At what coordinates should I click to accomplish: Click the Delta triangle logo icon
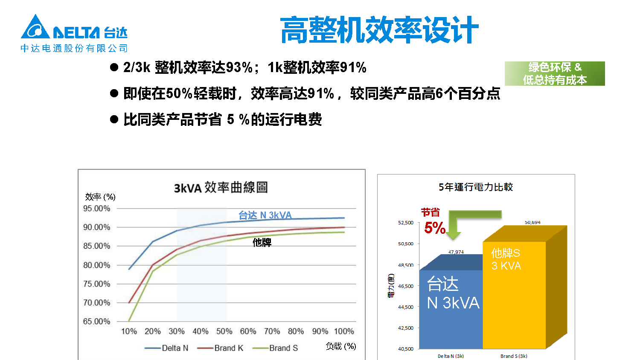pyautogui.click(x=35, y=27)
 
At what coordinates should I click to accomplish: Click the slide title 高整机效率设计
pyautogui.click(x=379, y=30)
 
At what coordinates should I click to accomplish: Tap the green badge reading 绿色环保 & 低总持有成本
pyautogui.click(x=555, y=73)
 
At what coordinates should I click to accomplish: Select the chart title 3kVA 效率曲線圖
pyautogui.click(x=221, y=187)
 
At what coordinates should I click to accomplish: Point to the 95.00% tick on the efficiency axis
pyautogui.click(x=96, y=209)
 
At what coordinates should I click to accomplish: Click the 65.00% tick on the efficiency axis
pyautogui.click(x=96, y=321)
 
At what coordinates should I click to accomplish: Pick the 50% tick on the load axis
pyautogui.click(x=224, y=331)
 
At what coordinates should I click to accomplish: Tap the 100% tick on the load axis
pyautogui.click(x=344, y=331)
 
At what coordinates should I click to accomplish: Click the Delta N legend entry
pyautogui.click(x=167, y=348)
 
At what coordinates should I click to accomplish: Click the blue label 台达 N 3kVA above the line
pyautogui.click(x=265, y=215)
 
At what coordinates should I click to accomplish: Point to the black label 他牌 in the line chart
pyautogui.click(x=262, y=243)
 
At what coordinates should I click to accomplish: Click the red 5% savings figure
pyautogui.click(x=435, y=228)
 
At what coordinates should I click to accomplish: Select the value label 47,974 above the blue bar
pyautogui.click(x=456, y=252)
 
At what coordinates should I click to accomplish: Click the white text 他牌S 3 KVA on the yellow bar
pyautogui.click(x=506, y=259)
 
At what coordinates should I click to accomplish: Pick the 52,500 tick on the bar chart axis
pyautogui.click(x=405, y=223)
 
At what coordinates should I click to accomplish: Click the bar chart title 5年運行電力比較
pyautogui.click(x=476, y=187)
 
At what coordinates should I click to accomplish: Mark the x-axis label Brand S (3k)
pyautogui.click(x=514, y=356)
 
